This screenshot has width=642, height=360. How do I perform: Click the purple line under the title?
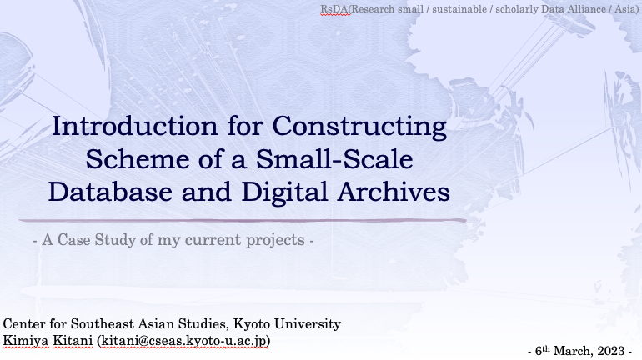pos(242,220)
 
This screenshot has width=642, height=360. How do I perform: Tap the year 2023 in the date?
pos(613,351)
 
